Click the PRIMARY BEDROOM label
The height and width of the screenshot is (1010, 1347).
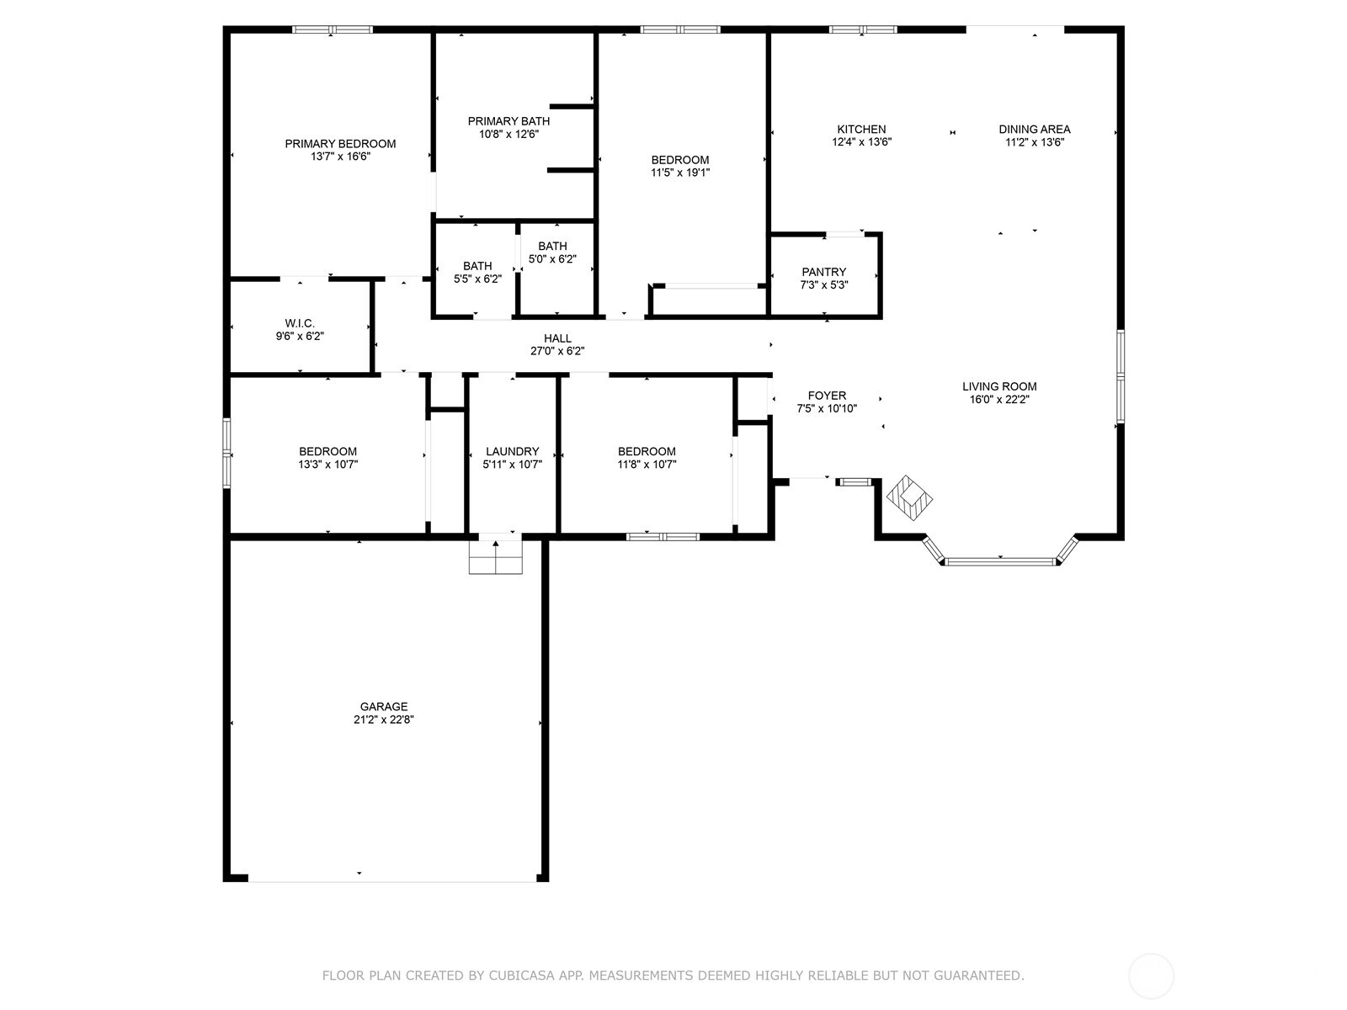pyautogui.click(x=340, y=143)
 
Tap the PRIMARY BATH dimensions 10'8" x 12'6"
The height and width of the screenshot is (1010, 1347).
pyautogui.click(x=508, y=134)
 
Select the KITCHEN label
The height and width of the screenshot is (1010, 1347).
pyautogui.click(x=861, y=130)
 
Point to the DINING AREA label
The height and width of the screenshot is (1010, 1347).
pyautogui.click(x=1034, y=130)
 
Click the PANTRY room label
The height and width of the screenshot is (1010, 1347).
pyautogui.click(x=823, y=272)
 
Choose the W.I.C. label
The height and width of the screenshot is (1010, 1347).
pyautogui.click(x=300, y=323)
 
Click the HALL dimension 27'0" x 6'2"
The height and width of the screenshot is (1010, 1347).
pyautogui.click(x=557, y=351)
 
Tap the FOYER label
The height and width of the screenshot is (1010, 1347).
pyautogui.click(x=827, y=396)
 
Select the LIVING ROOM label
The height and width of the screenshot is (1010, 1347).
pyautogui.click(x=999, y=386)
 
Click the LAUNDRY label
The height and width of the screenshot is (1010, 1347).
pyautogui.click(x=512, y=451)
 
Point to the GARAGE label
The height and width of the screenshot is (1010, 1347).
pyautogui.click(x=384, y=706)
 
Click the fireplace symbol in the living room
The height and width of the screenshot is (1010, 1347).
pyautogui.click(x=909, y=498)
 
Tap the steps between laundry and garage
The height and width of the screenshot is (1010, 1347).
pyautogui.click(x=495, y=557)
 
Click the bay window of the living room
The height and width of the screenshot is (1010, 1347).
pyautogui.click(x=1000, y=561)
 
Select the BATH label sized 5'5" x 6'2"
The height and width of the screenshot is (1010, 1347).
pyautogui.click(x=477, y=266)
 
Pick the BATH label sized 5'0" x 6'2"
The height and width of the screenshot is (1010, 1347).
pyautogui.click(x=552, y=246)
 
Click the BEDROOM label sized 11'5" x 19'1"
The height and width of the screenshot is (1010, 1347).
pyautogui.click(x=680, y=160)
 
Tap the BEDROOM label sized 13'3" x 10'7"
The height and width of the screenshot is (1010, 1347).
pyautogui.click(x=327, y=451)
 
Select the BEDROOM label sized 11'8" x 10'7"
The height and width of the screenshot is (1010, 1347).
pyautogui.click(x=647, y=451)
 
